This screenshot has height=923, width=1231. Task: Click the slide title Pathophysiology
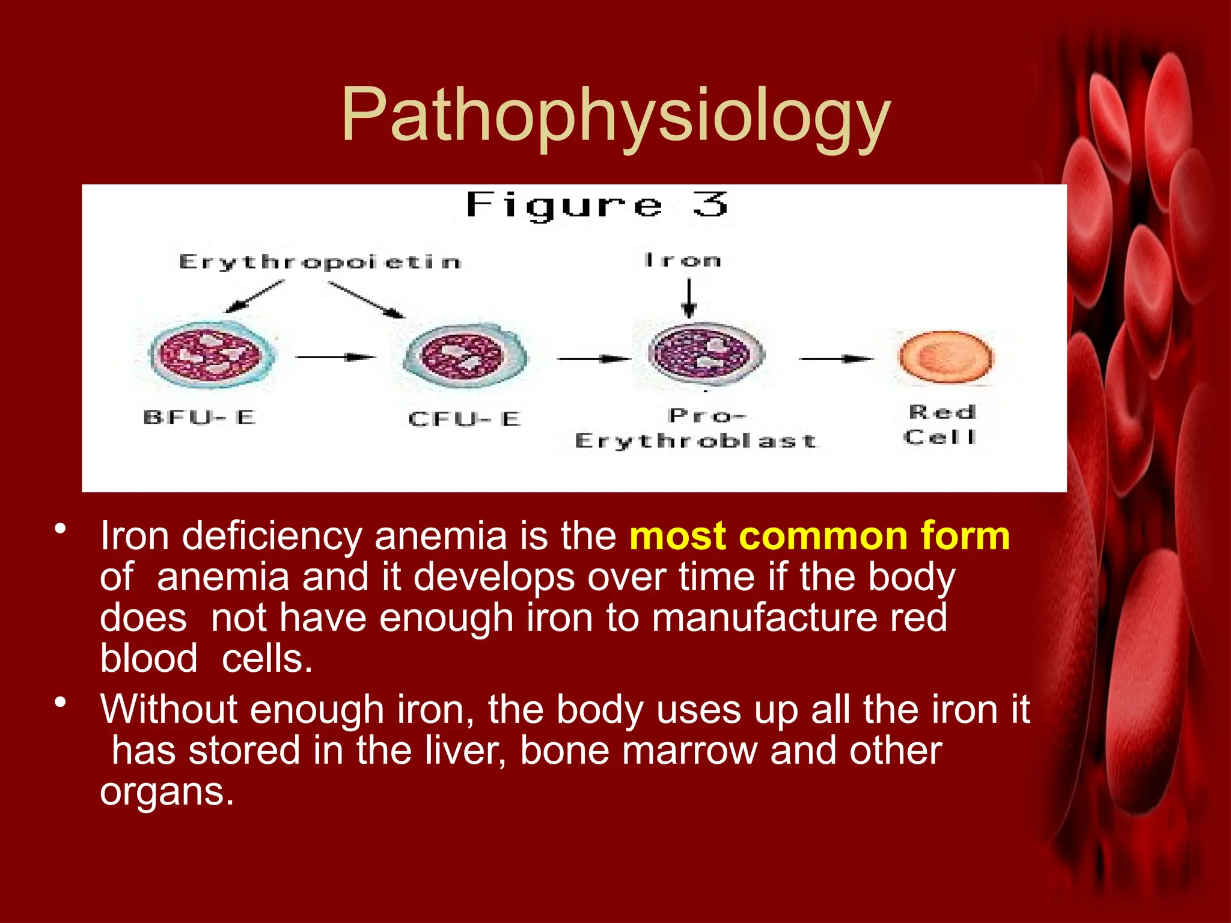click(x=615, y=115)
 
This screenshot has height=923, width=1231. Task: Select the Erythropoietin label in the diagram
click(x=320, y=262)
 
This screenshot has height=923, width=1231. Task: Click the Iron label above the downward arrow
click(x=682, y=260)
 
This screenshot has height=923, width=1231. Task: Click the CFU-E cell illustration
click(x=465, y=356)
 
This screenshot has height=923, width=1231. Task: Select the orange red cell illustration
click(x=945, y=357)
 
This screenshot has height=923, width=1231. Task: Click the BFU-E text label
click(x=200, y=417)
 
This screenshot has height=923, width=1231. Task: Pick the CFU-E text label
click(x=464, y=419)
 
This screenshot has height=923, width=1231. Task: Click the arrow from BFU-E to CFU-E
click(x=335, y=358)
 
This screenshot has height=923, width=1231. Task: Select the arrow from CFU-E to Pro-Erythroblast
click(x=594, y=359)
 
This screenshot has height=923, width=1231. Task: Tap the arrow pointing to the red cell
click(x=835, y=359)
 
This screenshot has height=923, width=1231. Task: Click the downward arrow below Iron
click(x=689, y=297)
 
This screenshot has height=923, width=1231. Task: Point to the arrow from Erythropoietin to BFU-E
click(x=254, y=296)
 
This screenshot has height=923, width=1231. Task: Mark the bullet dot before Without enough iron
click(x=60, y=702)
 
